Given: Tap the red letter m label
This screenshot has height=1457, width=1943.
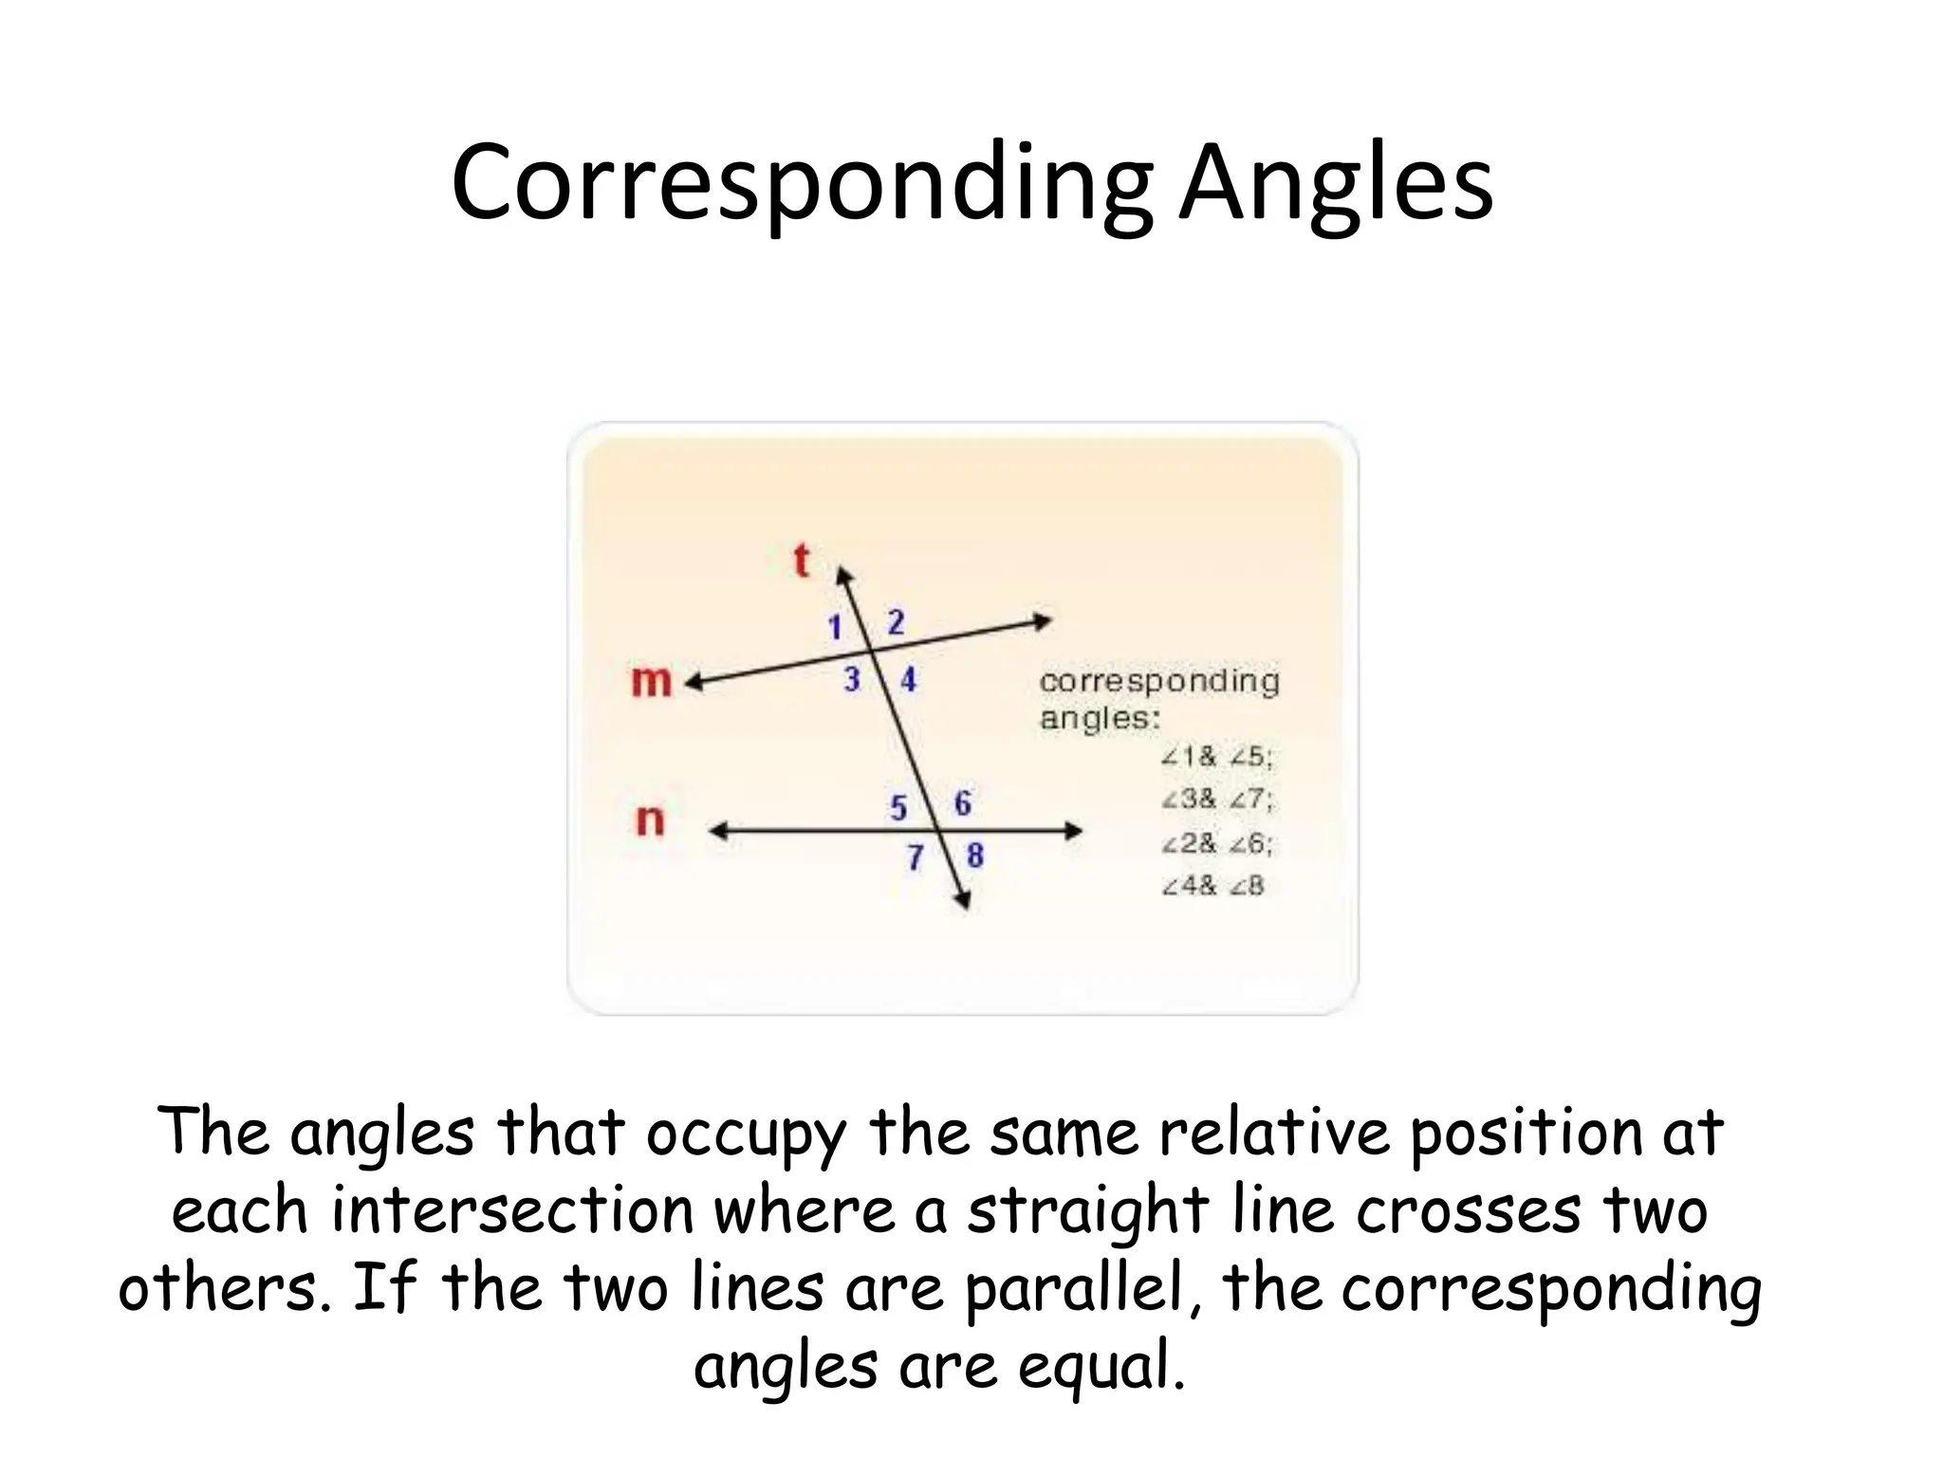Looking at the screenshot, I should (651, 681).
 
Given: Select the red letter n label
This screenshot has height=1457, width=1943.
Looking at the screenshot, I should (650, 820).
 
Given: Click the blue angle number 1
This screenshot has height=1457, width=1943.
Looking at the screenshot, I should (835, 627).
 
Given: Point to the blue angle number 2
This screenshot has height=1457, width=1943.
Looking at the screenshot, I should (896, 622).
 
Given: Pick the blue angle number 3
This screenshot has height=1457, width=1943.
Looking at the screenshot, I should (852, 679).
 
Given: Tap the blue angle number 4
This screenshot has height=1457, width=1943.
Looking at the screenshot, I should (909, 679).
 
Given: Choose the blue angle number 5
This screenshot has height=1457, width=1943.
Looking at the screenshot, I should (898, 807).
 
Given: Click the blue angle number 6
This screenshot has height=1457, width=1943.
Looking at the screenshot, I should (962, 803).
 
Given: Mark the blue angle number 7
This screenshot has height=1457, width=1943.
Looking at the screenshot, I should (915, 858).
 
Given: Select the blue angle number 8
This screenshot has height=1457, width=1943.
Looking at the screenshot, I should (975, 856).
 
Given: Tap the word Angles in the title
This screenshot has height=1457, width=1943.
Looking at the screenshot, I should (1336, 182).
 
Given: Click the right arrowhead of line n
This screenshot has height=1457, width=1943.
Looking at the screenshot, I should (1073, 831).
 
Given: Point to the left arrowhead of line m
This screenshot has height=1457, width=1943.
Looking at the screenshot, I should (694, 682).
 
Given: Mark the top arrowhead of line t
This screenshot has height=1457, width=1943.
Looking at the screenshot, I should (842, 575).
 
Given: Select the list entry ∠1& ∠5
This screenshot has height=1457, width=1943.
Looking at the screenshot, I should (1217, 757).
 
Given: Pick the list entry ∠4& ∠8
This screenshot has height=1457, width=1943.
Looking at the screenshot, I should (1213, 886).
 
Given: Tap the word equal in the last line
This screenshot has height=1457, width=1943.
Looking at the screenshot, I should (1101, 1367).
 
